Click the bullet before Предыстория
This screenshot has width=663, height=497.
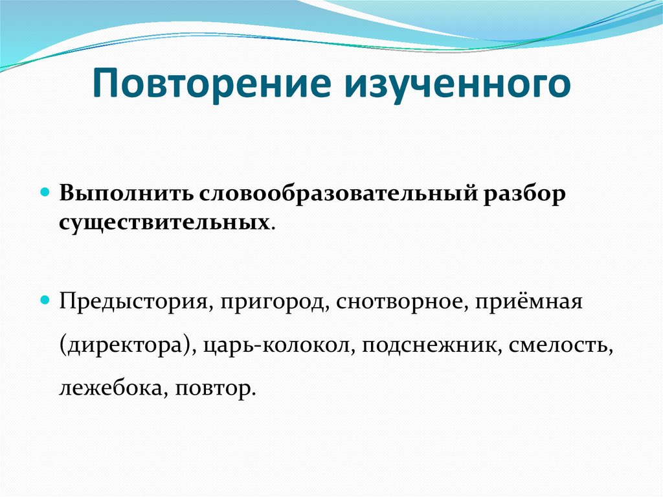[45, 301]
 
